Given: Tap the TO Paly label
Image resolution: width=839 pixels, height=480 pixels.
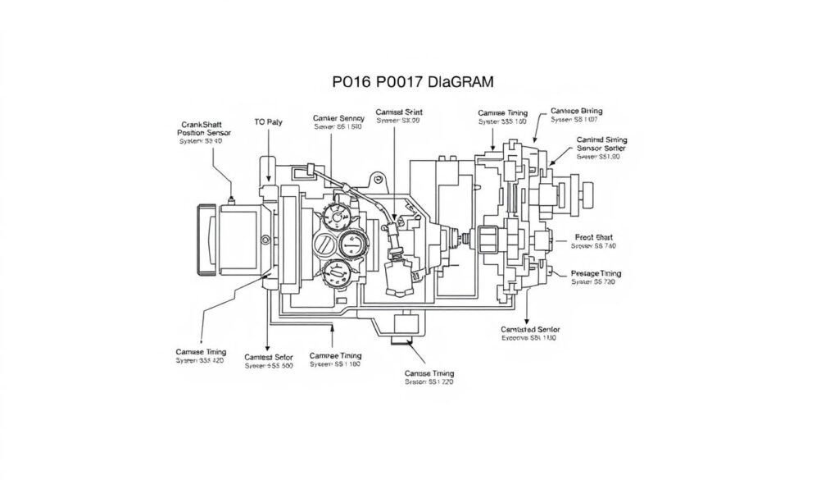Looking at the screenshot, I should (x=269, y=121).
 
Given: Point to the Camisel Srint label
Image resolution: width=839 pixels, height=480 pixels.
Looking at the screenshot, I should (x=399, y=115).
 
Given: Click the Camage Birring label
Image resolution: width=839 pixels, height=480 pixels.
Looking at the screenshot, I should (x=576, y=114).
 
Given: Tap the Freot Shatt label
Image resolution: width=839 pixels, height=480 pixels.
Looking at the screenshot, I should (x=593, y=240).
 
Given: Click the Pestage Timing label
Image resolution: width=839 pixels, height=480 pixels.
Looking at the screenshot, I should (x=596, y=277).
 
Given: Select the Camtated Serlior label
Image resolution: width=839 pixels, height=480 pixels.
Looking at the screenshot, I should (x=529, y=332).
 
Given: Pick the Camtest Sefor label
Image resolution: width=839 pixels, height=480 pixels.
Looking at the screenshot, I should (x=269, y=361).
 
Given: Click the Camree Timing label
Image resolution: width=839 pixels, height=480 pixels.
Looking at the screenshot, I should (x=336, y=359).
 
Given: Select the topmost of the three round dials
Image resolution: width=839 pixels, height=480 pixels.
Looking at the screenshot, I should (x=338, y=216).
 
